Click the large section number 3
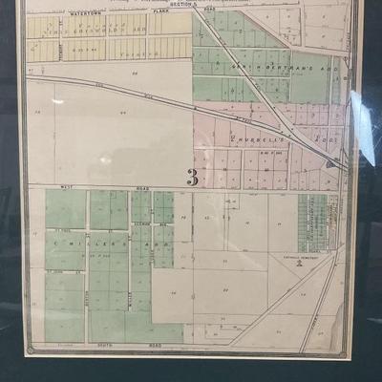(192, 177)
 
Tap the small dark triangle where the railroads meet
(330, 163)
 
